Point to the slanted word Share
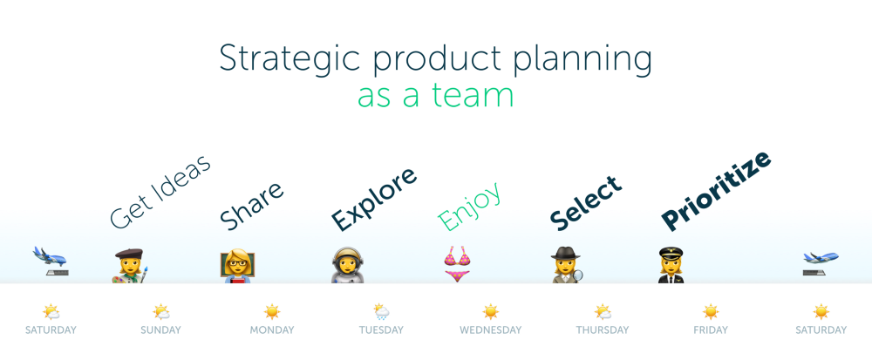[251, 206]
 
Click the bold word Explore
[373, 200]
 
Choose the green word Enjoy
[470, 207]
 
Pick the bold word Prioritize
[716, 190]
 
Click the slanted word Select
[585, 202]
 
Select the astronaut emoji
[347, 265]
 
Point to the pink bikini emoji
[458, 264]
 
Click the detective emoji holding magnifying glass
[566, 265]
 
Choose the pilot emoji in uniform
[673, 265]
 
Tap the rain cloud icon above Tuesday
[381, 311]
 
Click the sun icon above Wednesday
[491, 311]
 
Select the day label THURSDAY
[602, 330]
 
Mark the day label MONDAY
[271, 330]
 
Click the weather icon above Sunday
[160, 311]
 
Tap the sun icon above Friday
[711, 311]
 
